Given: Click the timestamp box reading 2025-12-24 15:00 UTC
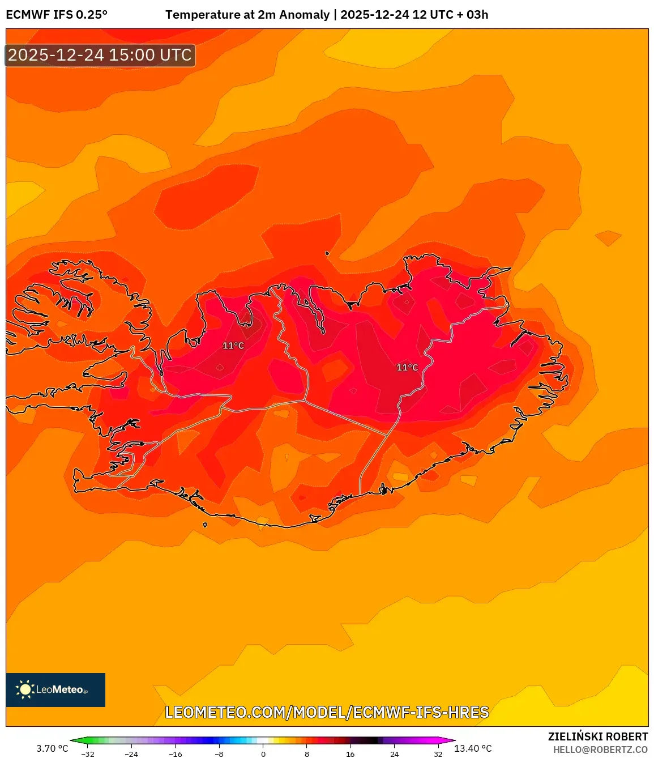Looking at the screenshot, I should click(x=100, y=55).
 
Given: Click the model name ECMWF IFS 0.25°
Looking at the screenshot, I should click(x=57, y=15).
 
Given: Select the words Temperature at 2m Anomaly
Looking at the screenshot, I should click(x=247, y=15).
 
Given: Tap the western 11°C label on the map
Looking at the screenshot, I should click(x=233, y=346).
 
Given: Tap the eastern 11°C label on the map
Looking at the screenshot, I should click(x=407, y=368).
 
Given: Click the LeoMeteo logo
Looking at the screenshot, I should click(x=55, y=689).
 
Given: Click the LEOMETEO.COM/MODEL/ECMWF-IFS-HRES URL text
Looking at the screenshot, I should click(x=327, y=712).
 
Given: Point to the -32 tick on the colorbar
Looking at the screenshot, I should click(x=87, y=754).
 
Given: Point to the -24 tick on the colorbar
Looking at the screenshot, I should click(x=131, y=754).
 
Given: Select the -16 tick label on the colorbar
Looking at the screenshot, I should click(x=176, y=754).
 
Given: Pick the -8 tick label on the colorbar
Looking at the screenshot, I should click(x=219, y=754).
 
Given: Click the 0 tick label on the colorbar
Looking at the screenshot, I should click(x=263, y=754).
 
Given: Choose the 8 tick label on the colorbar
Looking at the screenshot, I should click(x=307, y=754).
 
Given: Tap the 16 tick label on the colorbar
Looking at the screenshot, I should click(x=350, y=754).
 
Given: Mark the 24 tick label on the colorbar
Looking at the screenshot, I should click(x=395, y=754).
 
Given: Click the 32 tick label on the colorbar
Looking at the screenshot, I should click(x=438, y=754).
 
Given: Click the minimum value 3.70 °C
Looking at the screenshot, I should click(x=52, y=748).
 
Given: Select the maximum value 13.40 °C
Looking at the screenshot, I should click(x=473, y=748).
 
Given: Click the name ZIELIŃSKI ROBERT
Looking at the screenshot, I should click(x=598, y=736).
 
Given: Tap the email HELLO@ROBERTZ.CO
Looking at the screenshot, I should click(x=600, y=750).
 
